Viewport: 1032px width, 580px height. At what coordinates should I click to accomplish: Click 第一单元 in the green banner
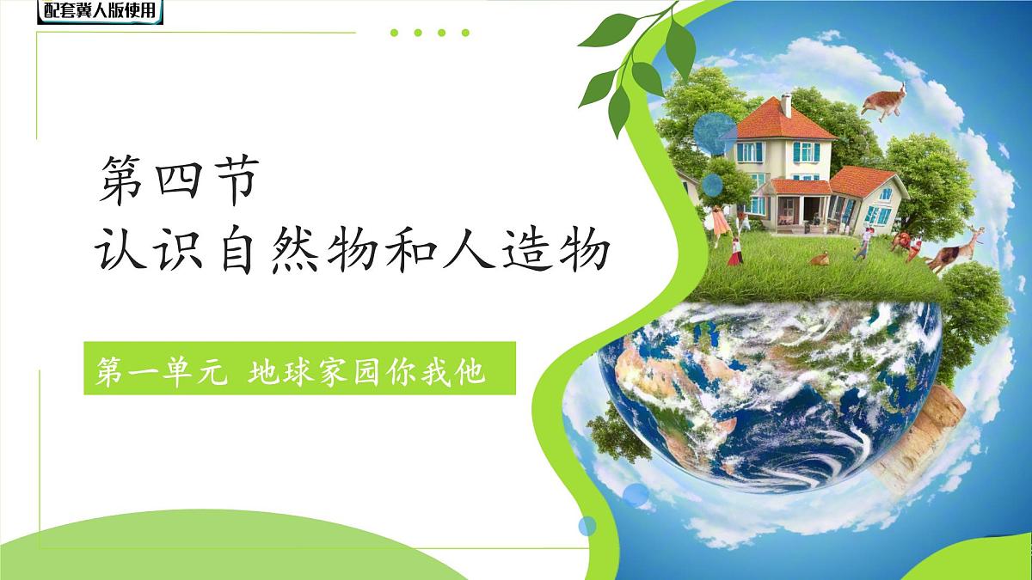(163, 372)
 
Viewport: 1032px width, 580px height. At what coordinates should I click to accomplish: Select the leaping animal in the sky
(886, 99)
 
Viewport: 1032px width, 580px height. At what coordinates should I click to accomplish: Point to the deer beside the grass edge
(955, 249)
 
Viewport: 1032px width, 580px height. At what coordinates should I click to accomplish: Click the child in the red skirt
(734, 251)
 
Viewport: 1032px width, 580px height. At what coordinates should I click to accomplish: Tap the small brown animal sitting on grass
(820, 257)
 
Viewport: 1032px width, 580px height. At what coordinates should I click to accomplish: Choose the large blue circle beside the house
(710, 133)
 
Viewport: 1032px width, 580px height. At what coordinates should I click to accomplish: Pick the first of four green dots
(395, 34)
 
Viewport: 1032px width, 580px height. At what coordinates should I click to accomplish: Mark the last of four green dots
(465, 34)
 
